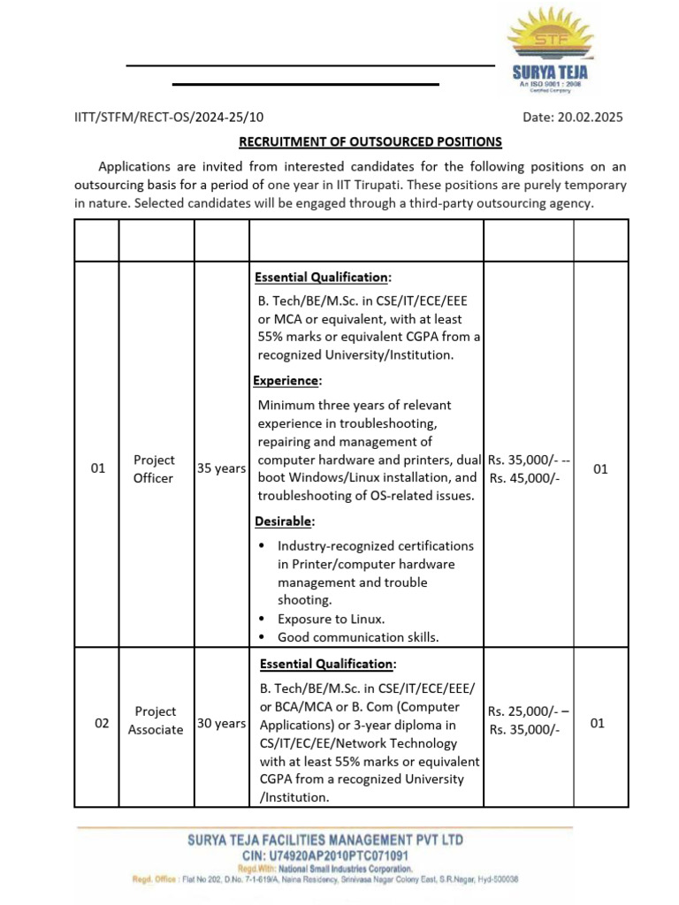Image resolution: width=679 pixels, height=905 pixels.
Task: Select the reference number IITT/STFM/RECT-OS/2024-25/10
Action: click(168, 118)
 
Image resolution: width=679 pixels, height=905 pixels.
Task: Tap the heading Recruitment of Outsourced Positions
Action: click(370, 141)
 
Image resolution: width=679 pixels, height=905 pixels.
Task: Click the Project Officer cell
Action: click(154, 469)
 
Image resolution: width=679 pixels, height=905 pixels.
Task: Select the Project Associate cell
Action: click(156, 720)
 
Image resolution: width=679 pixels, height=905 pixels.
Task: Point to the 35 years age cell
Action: click(221, 469)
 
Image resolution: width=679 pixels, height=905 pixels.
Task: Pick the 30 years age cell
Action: click(221, 723)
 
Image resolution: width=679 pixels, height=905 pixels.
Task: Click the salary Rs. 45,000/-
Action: click(529, 478)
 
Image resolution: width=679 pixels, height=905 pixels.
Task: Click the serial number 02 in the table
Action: click(102, 723)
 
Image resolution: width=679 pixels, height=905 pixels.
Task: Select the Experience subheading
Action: click(287, 381)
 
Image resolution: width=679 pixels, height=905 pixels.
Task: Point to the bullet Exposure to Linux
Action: click(331, 619)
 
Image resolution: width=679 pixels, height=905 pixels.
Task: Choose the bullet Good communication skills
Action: click(357, 637)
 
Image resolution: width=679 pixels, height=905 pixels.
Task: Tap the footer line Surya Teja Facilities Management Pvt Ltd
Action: click(324, 840)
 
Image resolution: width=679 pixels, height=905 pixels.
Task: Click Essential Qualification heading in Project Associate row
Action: click(328, 664)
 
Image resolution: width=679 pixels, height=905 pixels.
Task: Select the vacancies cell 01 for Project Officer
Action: click(600, 469)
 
